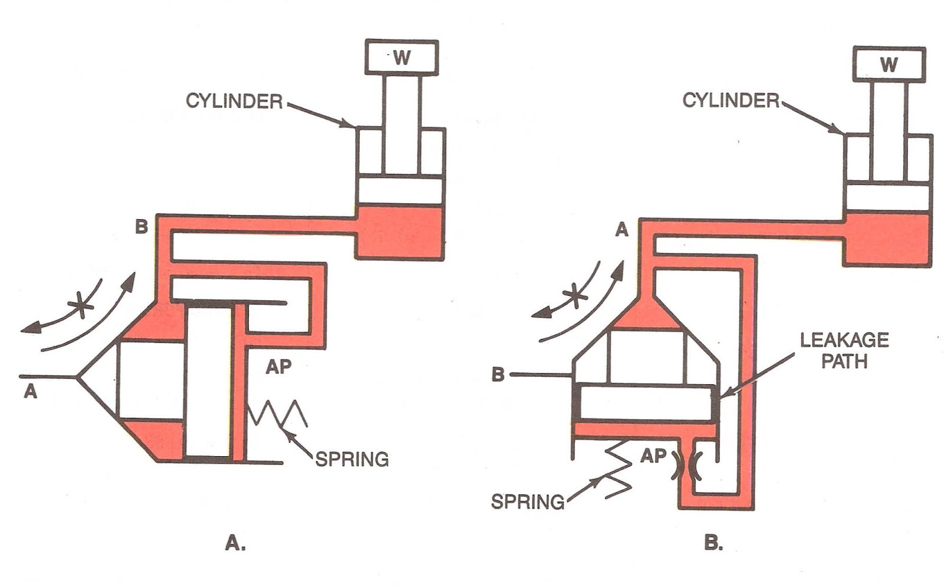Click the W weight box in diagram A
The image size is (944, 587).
tap(402, 57)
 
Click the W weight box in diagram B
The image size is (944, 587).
tap(889, 64)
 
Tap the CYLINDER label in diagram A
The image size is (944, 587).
tap(234, 101)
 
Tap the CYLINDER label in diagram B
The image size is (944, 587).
tap(731, 101)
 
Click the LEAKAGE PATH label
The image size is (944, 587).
tap(844, 350)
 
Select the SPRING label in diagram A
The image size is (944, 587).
tap(352, 459)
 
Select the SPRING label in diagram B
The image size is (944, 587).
tap(527, 502)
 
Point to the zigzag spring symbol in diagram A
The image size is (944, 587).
tap(278, 413)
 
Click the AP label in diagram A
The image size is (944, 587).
tap(278, 367)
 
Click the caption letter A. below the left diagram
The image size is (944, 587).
tap(235, 543)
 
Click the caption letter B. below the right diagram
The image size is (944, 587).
tap(714, 543)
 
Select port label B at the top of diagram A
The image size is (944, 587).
tap(142, 226)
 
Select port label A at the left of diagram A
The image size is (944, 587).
tap(30, 391)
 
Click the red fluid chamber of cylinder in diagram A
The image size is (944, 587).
tap(399, 233)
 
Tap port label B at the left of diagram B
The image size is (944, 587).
tap(499, 375)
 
